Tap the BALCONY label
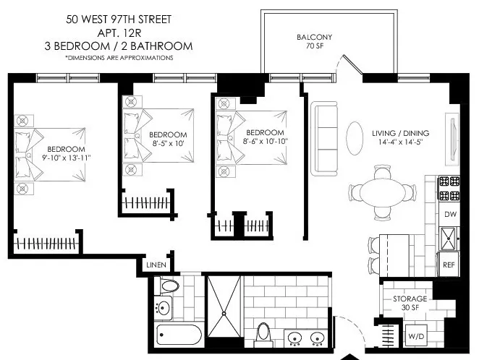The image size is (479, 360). tap(313, 38)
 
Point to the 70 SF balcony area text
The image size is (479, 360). tap(313, 48)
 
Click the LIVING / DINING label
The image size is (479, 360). tap(400, 133)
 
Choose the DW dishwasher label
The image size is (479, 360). tap(449, 214)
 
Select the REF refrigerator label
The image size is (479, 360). tap(449, 265)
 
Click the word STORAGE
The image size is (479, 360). tap(410, 299)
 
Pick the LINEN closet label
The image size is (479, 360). tap(156, 265)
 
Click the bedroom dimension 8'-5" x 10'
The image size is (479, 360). tap(168, 144)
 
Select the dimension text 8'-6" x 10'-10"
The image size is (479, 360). tap(264, 142)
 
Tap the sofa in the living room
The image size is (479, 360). tap(325, 139)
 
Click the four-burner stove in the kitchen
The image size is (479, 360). tap(449, 189)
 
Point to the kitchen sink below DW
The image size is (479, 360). tap(449, 236)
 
